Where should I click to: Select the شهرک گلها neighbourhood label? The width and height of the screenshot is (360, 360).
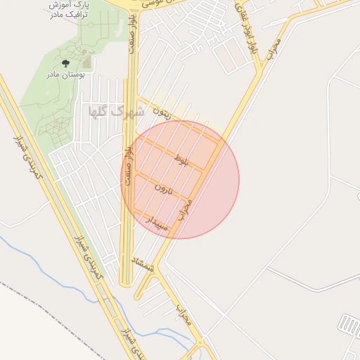coord(116,111)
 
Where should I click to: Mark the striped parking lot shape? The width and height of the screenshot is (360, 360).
coord(349,324)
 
